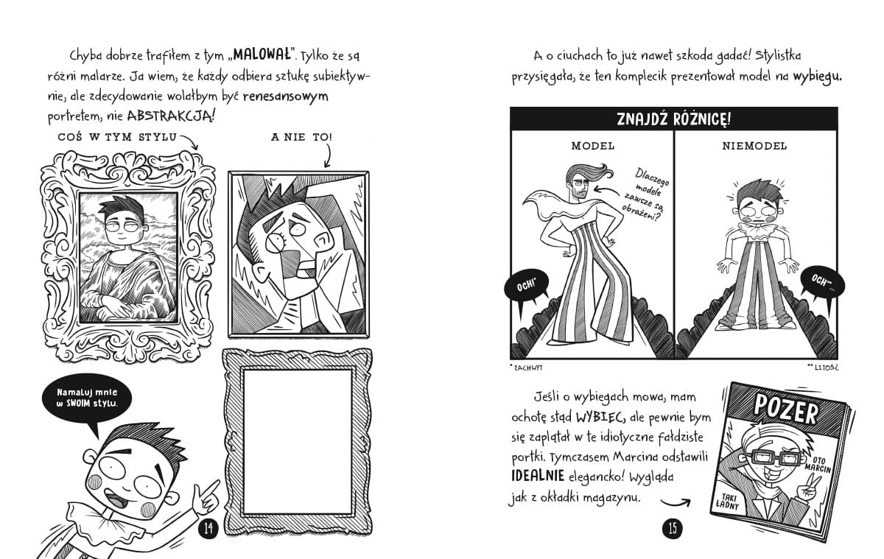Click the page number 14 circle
(208, 528)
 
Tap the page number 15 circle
(673, 528)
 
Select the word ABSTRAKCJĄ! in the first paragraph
(171, 116)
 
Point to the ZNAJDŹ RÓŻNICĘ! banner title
(673, 119)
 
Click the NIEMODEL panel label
(754, 146)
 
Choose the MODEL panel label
(593, 146)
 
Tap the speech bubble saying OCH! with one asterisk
(527, 285)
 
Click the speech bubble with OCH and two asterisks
(822, 281)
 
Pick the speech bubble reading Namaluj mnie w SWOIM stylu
(87, 398)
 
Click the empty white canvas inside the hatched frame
(298, 442)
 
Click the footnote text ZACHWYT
(528, 368)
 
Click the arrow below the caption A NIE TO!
(328, 155)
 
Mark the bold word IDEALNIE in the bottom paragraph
(538, 477)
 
